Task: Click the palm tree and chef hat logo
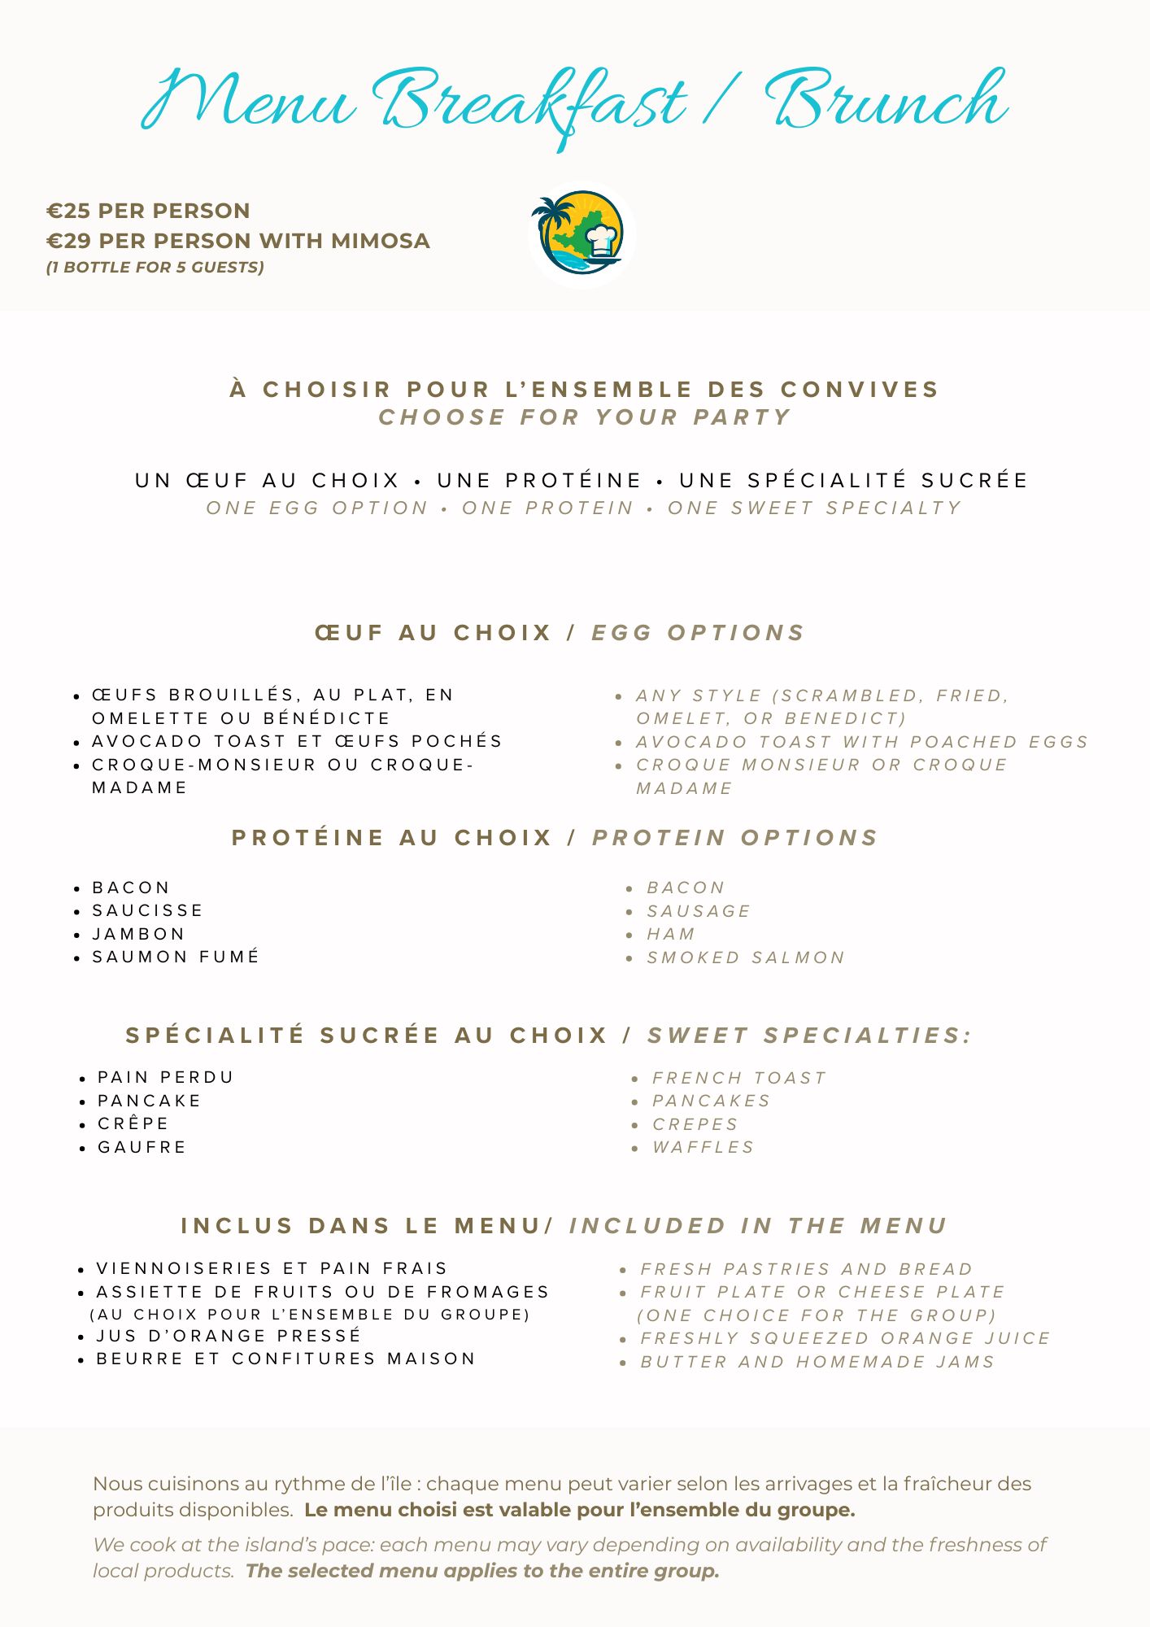(x=581, y=234)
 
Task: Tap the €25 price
(x=148, y=211)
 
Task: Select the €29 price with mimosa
(x=237, y=241)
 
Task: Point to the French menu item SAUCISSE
(x=147, y=910)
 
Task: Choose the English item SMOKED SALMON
(x=746, y=957)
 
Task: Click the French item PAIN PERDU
(x=165, y=1077)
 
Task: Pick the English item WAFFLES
(x=704, y=1147)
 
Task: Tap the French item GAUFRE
(x=142, y=1147)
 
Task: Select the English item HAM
(x=671, y=934)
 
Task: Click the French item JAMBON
(x=138, y=934)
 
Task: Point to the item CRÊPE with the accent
(x=133, y=1123)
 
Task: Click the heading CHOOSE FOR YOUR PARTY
(x=585, y=417)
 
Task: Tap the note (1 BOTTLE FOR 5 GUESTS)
(x=155, y=268)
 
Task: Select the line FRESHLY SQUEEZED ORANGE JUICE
(x=845, y=1338)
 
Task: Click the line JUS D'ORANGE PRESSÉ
(x=229, y=1336)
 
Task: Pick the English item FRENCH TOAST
(x=739, y=1078)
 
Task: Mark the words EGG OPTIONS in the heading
(x=698, y=633)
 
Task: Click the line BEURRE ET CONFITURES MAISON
(x=285, y=1359)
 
